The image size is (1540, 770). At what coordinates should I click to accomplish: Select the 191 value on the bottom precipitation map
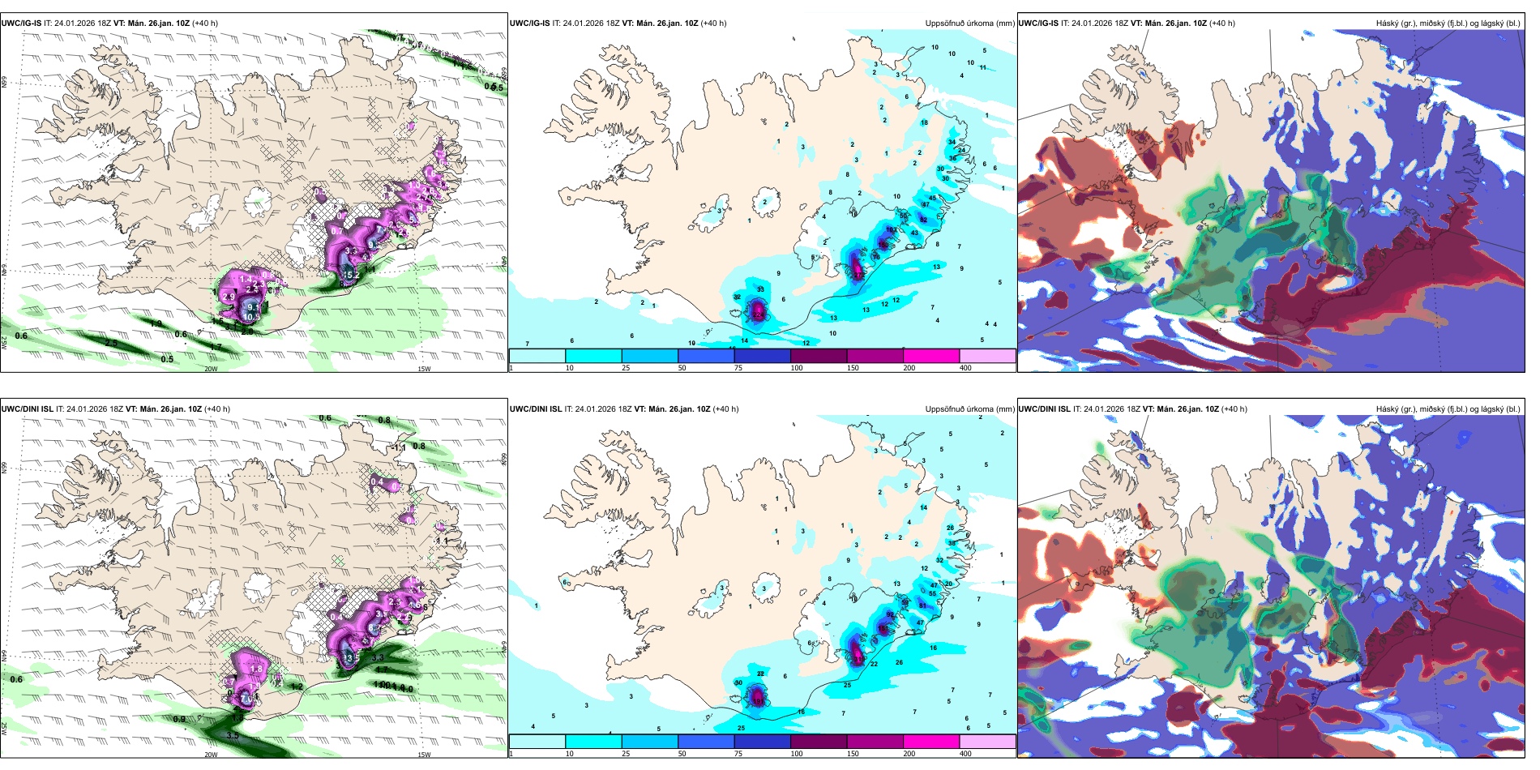click(x=759, y=696)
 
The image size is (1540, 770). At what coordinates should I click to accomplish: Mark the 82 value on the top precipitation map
click(x=923, y=220)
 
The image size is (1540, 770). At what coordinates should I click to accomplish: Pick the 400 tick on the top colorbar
click(x=965, y=368)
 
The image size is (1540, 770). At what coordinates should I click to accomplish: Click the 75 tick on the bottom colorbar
click(x=738, y=754)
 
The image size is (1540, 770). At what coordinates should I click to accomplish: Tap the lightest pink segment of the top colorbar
click(x=987, y=356)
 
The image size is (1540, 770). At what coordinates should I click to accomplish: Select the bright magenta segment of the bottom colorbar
click(x=931, y=742)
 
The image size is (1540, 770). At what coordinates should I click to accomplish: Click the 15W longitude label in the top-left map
click(x=423, y=369)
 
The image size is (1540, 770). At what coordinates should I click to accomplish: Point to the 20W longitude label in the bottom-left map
click(x=211, y=755)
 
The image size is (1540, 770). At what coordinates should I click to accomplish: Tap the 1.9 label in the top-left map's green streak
click(x=156, y=323)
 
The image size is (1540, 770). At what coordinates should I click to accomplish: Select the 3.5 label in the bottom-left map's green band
click(x=233, y=736)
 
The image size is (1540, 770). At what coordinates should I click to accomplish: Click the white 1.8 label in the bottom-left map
click(x=256, y=669)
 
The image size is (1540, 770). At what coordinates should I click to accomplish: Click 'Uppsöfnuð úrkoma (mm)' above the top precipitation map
click(x=969, y=24)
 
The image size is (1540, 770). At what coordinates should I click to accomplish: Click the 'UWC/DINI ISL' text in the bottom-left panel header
click(x=27, y=409)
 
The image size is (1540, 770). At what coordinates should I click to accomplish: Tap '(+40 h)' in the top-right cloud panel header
click(x=1221, y=24)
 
